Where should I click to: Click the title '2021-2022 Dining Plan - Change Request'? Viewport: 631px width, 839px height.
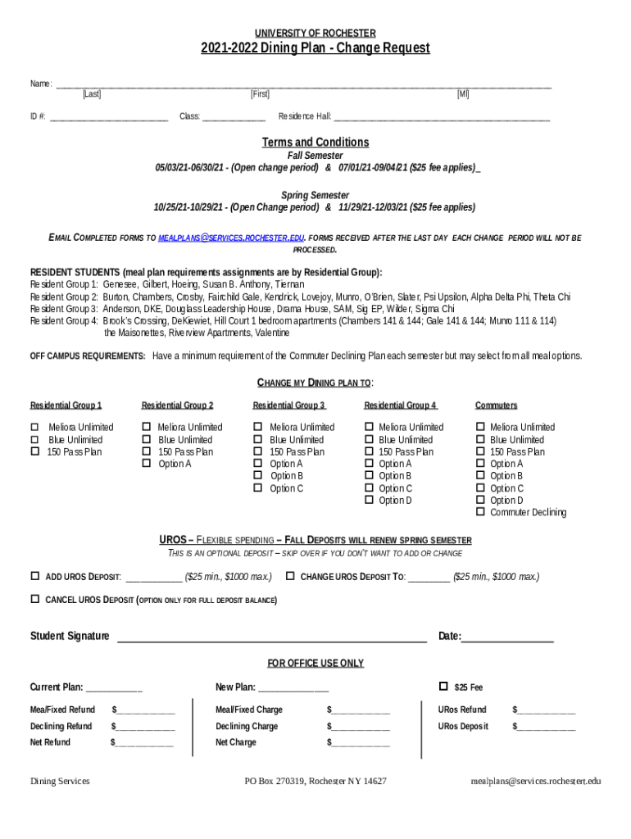tap(315, 48)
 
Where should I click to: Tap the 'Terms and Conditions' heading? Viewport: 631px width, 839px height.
tap(315, 142)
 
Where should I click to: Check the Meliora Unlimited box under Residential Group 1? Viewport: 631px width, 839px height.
tap(35, 427)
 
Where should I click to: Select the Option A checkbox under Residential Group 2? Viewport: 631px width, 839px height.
tap(147, 464)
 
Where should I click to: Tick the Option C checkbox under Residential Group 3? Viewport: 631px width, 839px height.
tap(258, 488)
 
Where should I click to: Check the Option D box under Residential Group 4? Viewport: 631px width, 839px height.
tap(369, 501)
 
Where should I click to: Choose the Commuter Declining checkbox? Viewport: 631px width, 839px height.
tap(480, 513)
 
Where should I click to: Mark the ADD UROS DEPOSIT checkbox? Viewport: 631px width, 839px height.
tap(35, 576)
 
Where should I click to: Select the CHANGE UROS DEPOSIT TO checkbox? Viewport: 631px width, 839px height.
tap(290, 576)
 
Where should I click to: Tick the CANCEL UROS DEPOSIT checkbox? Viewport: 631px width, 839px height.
tap(35, 600)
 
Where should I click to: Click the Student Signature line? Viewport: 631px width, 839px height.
tap(271, 637)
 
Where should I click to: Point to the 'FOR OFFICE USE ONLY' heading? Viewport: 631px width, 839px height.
tap(315, 663)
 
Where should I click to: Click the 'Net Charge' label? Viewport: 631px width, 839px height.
tap(236, 742)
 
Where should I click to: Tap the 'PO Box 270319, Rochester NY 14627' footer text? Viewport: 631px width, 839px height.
tap(315, 782)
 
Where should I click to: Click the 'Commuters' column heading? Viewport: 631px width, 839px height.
tap(496, 406)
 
